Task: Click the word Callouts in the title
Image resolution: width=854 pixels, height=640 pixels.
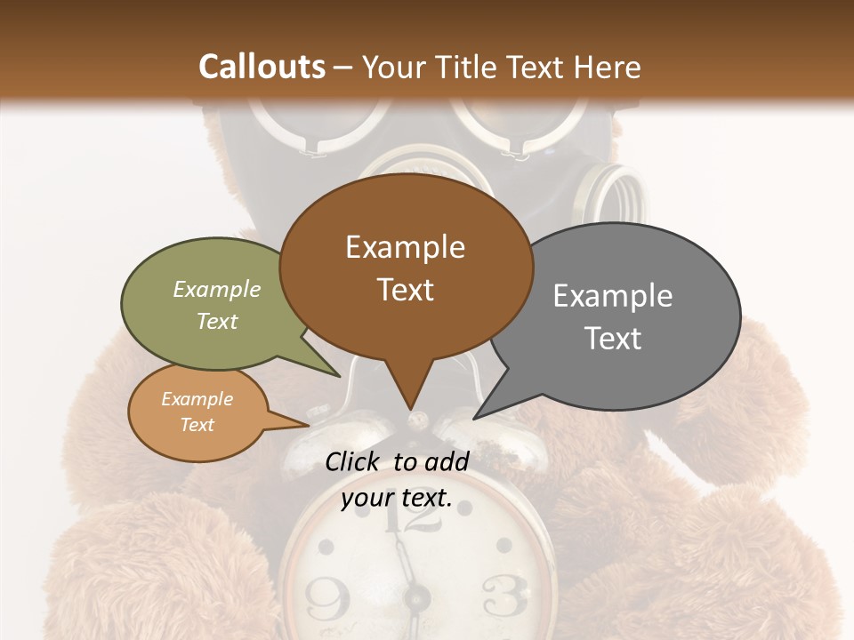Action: point(262,67)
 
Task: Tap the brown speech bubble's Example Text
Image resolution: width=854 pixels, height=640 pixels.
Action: point(406,268)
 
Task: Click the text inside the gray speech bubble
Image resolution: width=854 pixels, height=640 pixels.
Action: point(613,316)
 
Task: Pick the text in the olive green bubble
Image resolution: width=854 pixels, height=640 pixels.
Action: point(217,305)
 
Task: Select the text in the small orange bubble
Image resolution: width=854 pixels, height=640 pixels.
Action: point(197,412)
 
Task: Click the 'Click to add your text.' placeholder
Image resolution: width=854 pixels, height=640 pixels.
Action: point(397,479)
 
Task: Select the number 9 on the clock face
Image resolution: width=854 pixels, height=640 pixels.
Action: point(328,598)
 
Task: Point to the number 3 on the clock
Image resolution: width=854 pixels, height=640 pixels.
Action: point(504,596)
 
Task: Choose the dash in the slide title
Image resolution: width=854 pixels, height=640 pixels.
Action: point(344,68)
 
